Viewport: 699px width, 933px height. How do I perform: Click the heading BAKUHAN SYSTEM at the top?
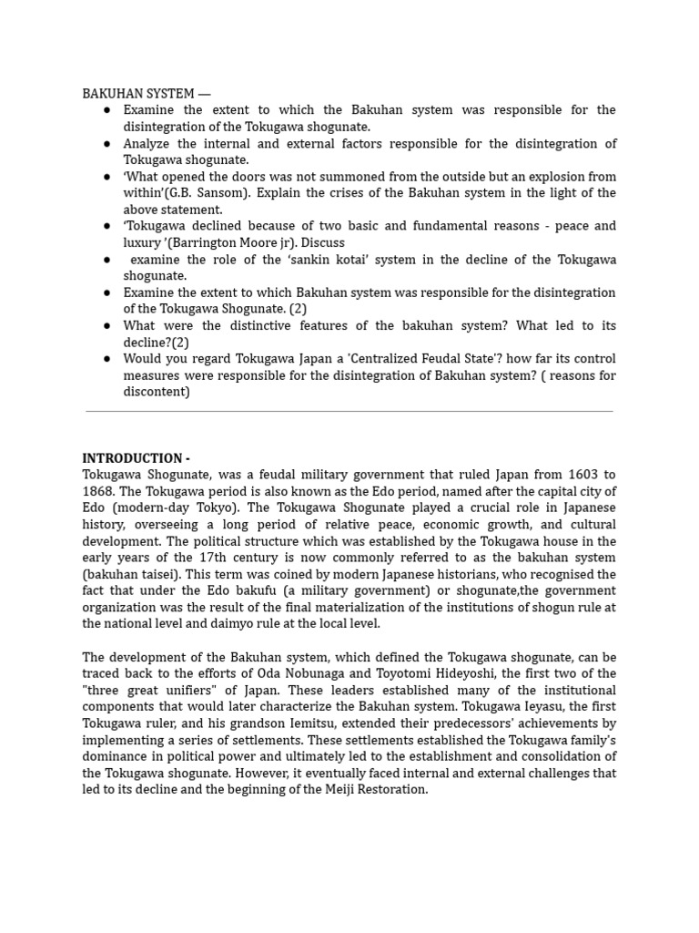(x=146, y=93)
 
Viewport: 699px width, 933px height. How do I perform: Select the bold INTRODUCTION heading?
(x=136, y=458)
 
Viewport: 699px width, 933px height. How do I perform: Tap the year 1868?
(x=98, y=491)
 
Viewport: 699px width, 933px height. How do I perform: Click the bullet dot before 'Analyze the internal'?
(x=106, y=144)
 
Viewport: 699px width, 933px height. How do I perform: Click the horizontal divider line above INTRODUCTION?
(x=349, y=412)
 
